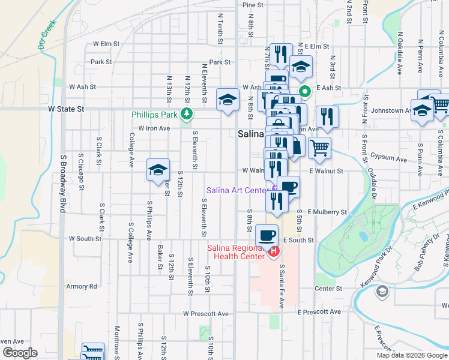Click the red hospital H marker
(x=274, y=251)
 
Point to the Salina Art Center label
(x=237, y=191)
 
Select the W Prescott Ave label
(x=206, y=314)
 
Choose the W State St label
(x=66, y=109)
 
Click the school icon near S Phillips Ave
(x=158, y=170)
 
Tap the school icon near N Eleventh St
(x=228, y=100)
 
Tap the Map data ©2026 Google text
(x=411, y=355)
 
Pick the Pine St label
(x=253, y=5)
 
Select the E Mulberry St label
(x=327, y=212)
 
